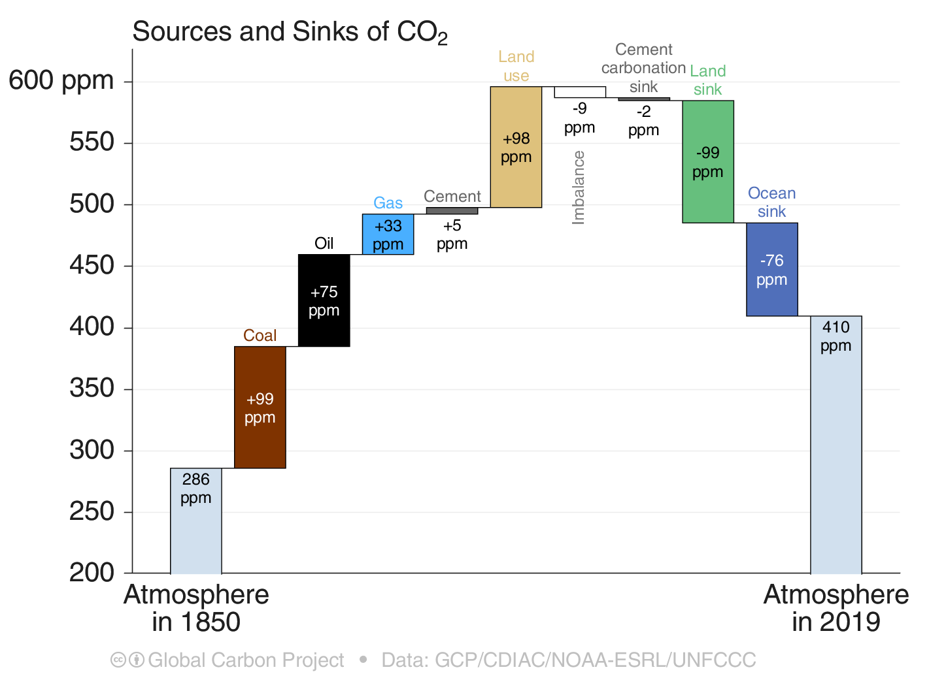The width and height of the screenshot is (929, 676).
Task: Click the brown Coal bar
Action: (260, 407)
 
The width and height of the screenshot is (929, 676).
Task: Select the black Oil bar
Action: (324, 300)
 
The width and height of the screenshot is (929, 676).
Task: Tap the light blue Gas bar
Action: (388, 234)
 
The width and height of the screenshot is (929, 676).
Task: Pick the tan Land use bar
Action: (516, 147)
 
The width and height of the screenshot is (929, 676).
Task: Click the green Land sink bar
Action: (707, 161)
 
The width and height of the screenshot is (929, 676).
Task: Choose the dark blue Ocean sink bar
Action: (771, 269)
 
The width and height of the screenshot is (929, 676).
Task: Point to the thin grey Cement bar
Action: (452, 210)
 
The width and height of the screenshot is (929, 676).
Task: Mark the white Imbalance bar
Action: (579, 92)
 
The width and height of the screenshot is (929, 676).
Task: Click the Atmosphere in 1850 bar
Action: (195, 521)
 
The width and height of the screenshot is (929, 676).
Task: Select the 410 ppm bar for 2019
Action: (836, 444)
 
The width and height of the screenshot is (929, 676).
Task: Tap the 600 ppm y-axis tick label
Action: (61, 81)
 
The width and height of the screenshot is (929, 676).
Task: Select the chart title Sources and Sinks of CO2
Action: (290, 33)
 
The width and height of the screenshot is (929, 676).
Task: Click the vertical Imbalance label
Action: (579, 188)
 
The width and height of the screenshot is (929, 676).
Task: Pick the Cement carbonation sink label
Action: (643, 68)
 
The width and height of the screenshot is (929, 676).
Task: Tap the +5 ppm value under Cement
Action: (452, 234)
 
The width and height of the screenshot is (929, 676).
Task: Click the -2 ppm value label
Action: (643, 121)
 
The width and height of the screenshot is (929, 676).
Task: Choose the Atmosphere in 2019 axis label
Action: (836, 608)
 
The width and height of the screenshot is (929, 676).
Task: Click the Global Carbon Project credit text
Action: (245, 660)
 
